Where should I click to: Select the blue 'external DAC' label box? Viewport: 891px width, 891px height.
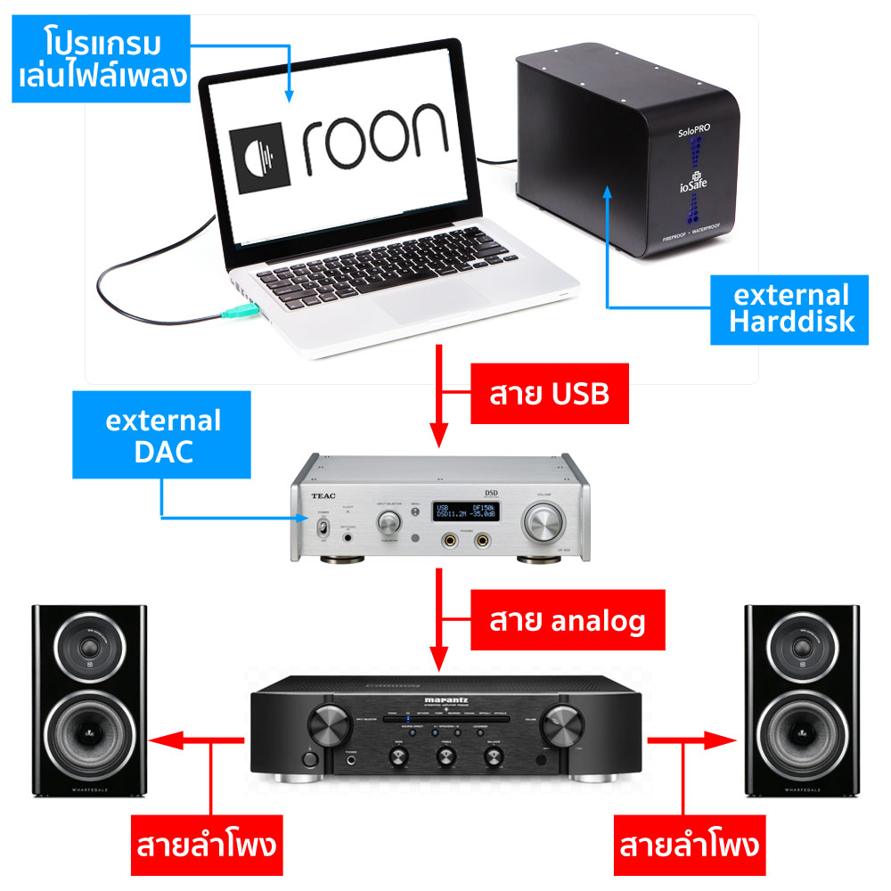[163, 436]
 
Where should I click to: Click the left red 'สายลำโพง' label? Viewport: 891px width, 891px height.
[208, 842]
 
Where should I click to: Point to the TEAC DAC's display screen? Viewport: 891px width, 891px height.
[465, 511]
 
